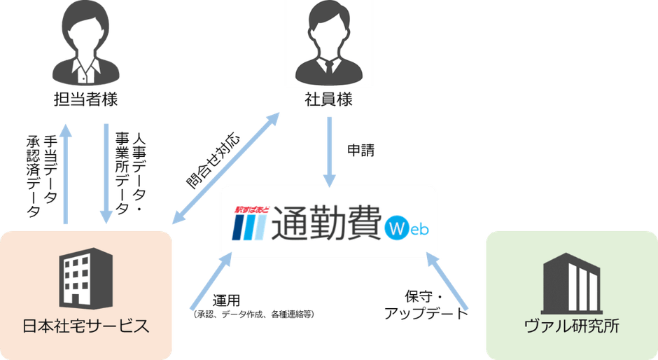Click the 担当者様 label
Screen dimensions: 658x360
coord(86,99)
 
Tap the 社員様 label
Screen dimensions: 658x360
coord(328,99)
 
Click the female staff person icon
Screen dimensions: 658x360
coord(86,43)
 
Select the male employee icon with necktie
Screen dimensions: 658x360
coord(328,43)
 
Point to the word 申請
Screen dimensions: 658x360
coord(361,151)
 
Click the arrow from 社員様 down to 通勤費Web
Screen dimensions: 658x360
coord(330,152)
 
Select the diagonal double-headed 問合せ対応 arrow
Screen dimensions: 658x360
coord(226,167)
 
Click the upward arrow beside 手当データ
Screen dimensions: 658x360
coord(66,174)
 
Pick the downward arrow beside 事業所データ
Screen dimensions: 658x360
coord(106,174)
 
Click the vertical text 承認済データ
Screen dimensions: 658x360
coord(33,176)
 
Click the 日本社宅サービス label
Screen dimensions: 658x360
coord(85,326)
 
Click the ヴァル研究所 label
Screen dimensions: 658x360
coord(572,326)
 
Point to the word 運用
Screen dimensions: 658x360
coord(226,300)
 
